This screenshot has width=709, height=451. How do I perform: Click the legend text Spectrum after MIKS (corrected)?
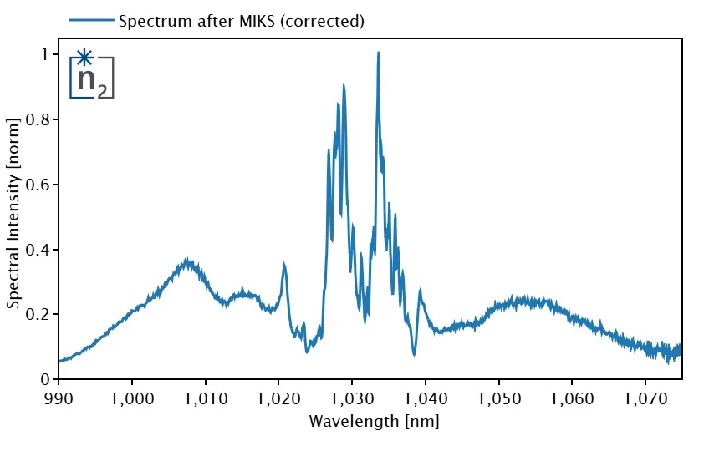[x=242, y=21]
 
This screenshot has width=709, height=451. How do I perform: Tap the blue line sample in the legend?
[x=91, y=21]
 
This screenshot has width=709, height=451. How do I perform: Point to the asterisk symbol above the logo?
[x=84, y=58]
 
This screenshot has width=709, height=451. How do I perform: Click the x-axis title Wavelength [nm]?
[x=374, y=422]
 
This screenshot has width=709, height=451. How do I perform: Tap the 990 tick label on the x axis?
[x=59, y=397]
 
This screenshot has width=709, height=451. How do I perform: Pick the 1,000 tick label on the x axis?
[x=132, y=397]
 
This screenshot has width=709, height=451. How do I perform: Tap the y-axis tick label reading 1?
[x=45, y=54]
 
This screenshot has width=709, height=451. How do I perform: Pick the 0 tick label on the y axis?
[x=45, y=379]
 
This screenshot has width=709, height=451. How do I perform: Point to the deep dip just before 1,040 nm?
[x=414, y=354]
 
